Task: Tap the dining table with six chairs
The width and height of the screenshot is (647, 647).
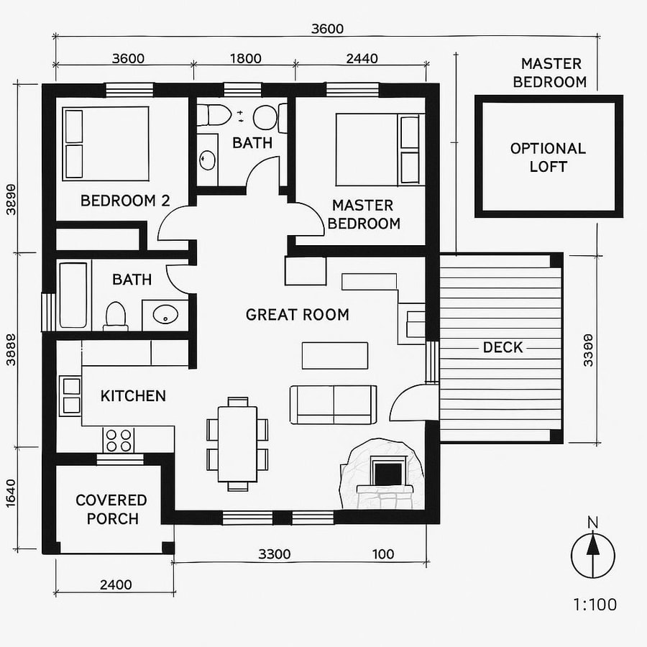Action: click(237, 444)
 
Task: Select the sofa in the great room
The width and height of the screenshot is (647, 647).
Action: click(333, 405)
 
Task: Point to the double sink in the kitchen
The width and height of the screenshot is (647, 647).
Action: click(71, 395)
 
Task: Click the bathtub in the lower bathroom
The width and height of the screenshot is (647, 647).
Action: click(73, 295)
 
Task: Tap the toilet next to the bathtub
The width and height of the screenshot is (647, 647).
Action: click(115, 315)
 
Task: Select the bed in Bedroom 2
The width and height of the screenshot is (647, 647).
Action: click(106, 144)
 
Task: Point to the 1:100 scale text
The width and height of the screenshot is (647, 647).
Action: click(595, 605)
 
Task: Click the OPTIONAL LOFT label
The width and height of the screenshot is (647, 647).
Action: click(548, 157)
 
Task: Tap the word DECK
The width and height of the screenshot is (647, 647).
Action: click(503, 348)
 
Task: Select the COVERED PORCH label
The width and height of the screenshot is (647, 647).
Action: click(111, 509)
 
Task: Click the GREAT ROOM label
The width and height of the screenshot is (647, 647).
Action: click(297, 315)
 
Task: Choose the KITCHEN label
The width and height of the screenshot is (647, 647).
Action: click(133, 395)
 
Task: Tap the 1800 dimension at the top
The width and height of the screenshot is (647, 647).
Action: click(244, 59)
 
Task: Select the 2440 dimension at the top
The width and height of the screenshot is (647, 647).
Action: click(362, 59)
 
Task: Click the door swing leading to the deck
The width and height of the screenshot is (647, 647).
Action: click(411, 404)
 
